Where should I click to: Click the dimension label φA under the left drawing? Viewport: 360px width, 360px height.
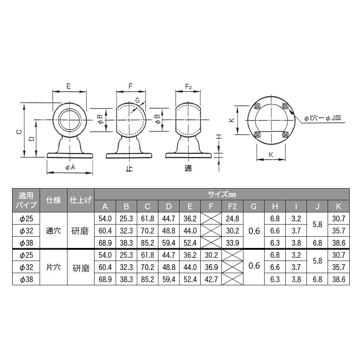pos(70,167)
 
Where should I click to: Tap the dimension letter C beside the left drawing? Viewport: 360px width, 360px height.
pos(19,131)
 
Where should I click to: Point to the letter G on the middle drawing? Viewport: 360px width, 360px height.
pos(138,100)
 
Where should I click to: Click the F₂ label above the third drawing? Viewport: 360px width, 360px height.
pos(188,86)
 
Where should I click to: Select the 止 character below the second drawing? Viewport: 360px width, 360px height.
pos(129,168)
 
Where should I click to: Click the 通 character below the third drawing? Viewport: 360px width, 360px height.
pos(188,168)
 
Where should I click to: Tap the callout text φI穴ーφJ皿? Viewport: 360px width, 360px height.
pos(323,118)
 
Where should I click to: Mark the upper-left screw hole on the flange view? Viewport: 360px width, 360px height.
pos(257,106)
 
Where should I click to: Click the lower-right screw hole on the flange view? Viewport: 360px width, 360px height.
pos(285,134)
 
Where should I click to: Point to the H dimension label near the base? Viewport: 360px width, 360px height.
pos(219,137)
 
